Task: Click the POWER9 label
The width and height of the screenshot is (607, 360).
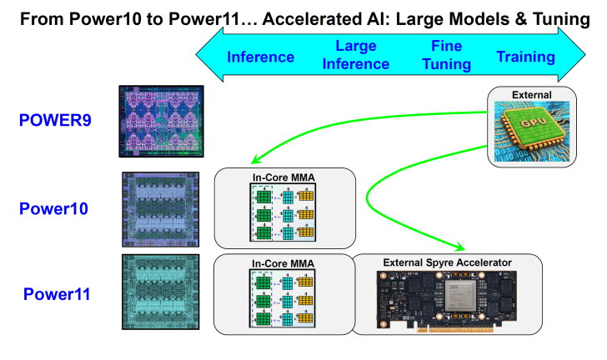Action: click(x=55, y=120)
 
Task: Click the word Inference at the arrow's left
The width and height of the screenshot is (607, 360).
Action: click(x=261, y=57)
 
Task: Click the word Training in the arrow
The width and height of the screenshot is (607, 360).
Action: click(x=525, y=57)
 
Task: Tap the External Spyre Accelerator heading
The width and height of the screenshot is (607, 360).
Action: click(x=447, y=263)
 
